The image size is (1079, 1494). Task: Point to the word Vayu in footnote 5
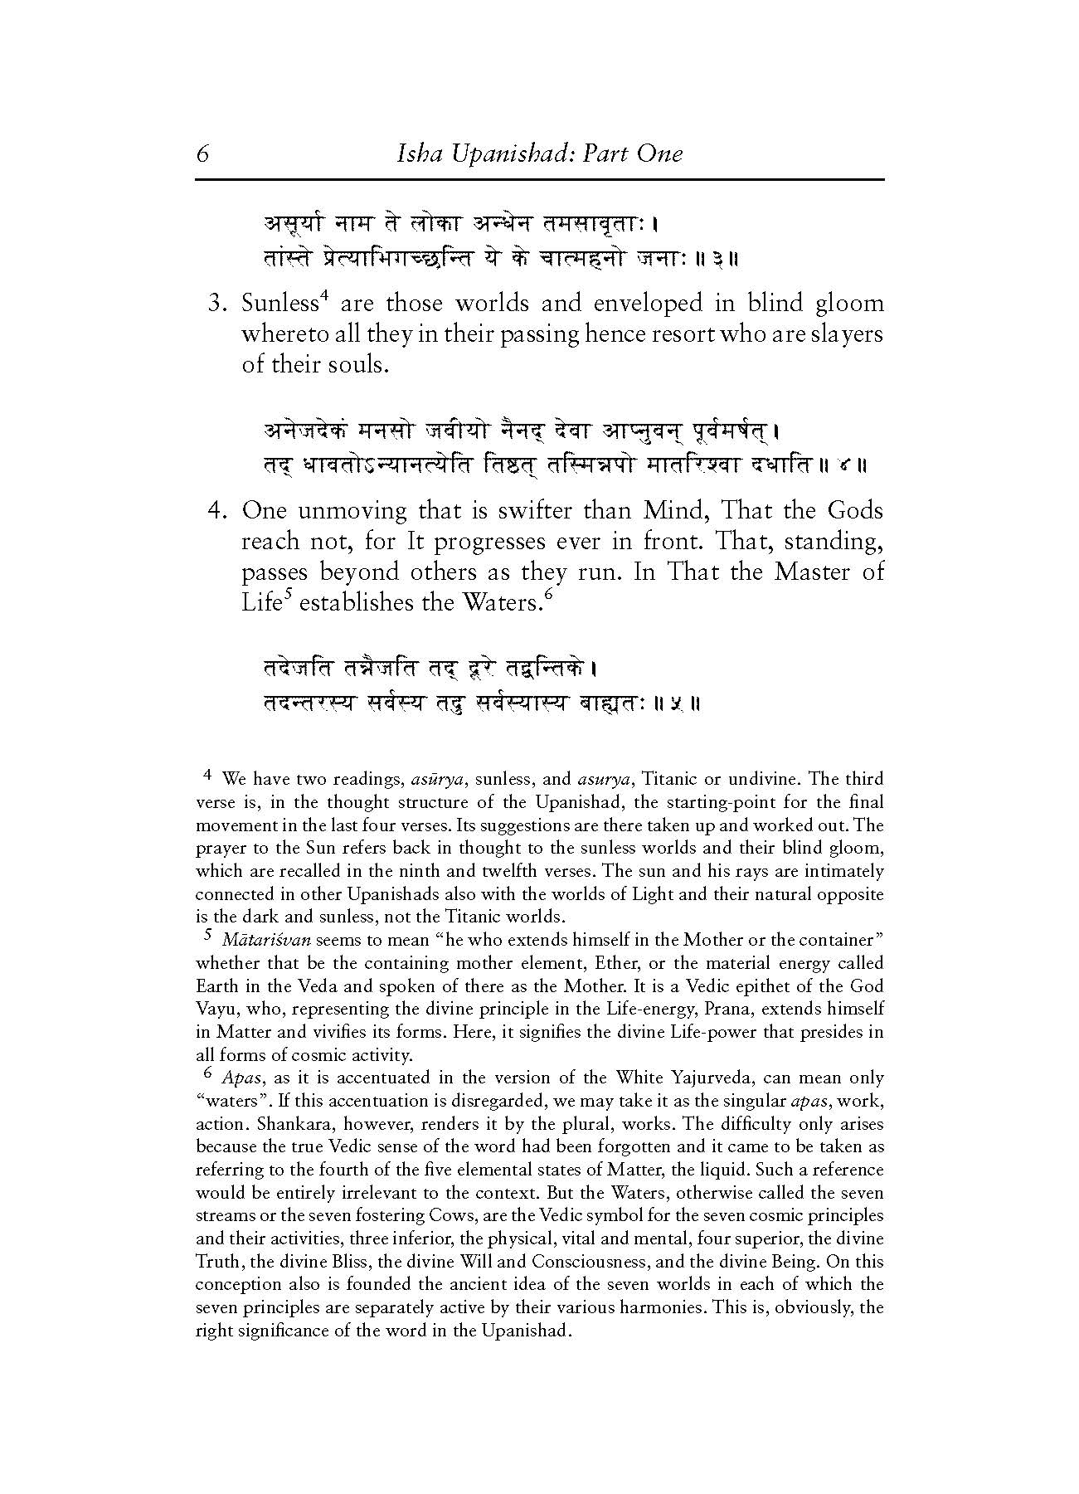tap(212, 1010)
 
